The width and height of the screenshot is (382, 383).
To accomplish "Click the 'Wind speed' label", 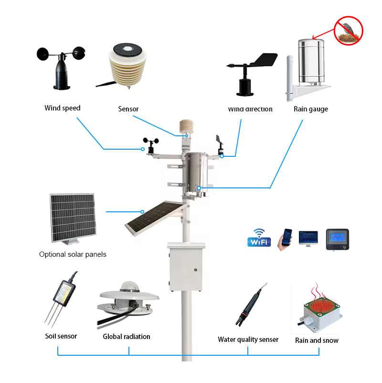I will [x=63, y=108].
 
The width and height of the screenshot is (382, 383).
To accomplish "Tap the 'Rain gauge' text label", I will [x=311, y=109].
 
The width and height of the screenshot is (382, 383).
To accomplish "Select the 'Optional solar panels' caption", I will [x=73, y=254].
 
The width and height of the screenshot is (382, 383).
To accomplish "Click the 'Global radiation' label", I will [x=127, y=337].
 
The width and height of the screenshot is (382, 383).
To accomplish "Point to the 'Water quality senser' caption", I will [x=248, y=339].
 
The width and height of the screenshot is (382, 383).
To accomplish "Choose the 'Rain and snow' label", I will [x=317, y=340].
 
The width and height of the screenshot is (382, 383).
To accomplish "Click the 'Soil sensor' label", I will [x=61, y=336].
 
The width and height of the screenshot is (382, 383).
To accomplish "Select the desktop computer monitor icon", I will [x=308, y=238].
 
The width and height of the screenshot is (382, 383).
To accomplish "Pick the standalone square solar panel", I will [x=72, y=218].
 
